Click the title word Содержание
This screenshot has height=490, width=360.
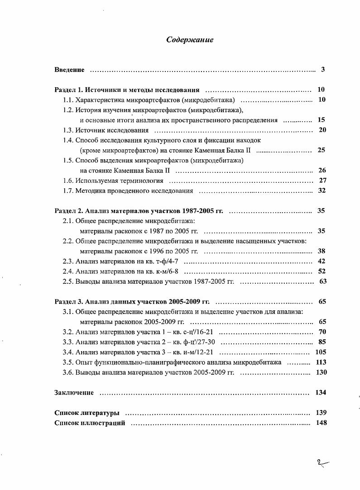(x=190, y=40)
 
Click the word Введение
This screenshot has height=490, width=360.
(x=69, y=70)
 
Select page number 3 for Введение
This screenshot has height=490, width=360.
(x=323, y=70)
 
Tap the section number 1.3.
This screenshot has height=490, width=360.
(x=67, y=130)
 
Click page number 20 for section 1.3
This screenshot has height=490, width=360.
(x=322, y=130)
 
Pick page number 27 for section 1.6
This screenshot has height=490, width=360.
(x=322, y=180)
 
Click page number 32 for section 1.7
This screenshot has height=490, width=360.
(x=322, y=190)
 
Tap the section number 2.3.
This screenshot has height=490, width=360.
(x=67, y=261)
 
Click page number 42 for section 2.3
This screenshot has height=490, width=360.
(x=322, y=261)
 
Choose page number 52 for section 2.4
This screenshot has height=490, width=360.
(x=322, y=271)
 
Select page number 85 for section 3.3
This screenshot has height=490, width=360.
(x=322, y=342)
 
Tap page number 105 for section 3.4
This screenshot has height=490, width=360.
(x=321, y=352)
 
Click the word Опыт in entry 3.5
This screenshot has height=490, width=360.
(x=84, y=362)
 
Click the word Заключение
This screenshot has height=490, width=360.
(x=74, y=392)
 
